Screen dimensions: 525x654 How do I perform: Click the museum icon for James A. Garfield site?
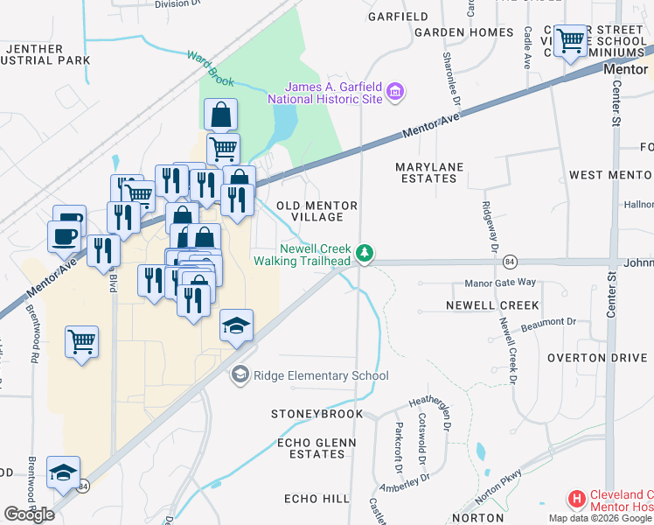(395, 92)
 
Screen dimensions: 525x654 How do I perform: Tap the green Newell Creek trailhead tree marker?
(365, 254)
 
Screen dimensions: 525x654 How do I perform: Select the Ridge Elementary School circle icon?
(239, 375)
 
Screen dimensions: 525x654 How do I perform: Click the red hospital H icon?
(576, 500)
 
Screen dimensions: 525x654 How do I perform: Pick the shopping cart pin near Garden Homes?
(570, 39)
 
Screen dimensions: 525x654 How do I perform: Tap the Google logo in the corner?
(30, 514)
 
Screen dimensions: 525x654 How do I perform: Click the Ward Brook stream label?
(210, 68)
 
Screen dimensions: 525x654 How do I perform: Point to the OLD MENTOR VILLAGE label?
(317, 212)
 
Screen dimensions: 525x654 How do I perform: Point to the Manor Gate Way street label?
(499, 283)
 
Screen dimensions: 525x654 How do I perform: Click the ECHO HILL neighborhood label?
(317, 498)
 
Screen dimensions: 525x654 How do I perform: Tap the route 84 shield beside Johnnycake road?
(511, 262)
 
